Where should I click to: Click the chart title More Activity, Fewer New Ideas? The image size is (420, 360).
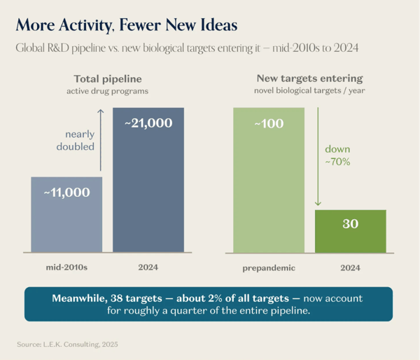point(127,25)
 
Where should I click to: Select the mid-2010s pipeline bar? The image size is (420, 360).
point(66,214)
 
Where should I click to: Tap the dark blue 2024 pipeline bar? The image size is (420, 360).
point(148,180)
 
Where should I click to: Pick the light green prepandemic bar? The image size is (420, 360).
point(269,180)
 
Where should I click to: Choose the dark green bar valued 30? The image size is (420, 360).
point(351,231)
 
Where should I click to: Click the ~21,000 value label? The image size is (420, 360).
point(148,123)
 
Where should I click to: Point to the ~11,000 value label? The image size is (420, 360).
point(66,193)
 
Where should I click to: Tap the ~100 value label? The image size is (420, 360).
point(269,123)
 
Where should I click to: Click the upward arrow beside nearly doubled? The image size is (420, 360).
point(100,140)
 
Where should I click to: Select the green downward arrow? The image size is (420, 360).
point(318,157)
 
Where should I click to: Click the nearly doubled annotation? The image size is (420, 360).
point(76,140)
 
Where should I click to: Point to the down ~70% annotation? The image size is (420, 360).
point(337,155)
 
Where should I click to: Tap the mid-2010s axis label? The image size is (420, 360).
point(66,268)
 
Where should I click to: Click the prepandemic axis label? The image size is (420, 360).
point(269,268)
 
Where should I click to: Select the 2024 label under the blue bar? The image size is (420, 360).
point(148,268)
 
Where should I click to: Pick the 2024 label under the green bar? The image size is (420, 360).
point(351,268)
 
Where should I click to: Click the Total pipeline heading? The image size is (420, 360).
point(108,79)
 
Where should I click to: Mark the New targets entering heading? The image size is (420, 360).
point(309,78)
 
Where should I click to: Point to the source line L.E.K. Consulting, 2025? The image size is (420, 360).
point(67,344)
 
